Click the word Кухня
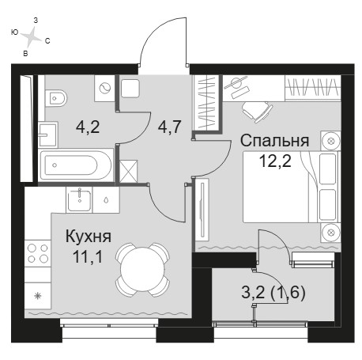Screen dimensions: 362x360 89,236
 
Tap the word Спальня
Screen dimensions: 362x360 274,141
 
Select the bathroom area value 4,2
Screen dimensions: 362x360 88,127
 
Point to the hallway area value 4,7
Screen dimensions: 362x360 169,127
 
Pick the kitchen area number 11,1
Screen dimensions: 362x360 88,256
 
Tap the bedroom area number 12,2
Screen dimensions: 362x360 275,161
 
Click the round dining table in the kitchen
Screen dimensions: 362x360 142,270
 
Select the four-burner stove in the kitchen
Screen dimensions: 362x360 38,253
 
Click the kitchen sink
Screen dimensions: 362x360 79,199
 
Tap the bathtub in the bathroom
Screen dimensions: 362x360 76,165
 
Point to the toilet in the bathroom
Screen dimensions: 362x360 55,98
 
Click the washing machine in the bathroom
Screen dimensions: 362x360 104,89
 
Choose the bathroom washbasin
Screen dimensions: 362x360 47,135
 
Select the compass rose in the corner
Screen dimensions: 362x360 31,36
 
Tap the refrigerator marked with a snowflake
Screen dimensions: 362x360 38,295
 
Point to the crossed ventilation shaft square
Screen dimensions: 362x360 128,171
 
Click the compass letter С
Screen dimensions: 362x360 47,41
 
